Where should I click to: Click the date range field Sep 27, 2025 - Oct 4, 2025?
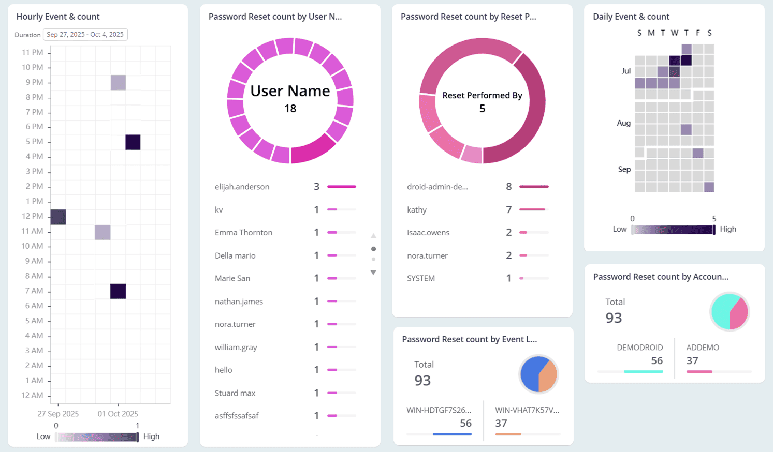(85, 35)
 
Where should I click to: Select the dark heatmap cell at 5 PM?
(133, 142)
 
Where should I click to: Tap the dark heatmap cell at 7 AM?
(118, 291)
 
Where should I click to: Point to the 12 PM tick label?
(32, 216)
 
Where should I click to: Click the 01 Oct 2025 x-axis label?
(118, 414)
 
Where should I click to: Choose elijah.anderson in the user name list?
(242, 187)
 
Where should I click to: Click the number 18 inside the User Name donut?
(290, 109)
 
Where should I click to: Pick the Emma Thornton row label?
(243, 233)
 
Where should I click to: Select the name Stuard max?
(235, 393)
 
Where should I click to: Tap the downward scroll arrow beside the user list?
(373, 273)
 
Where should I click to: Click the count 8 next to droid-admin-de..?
(508, 187)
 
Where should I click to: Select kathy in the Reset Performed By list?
(417, 210)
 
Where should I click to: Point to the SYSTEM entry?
(421, 278)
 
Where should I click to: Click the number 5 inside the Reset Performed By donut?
(482, 109)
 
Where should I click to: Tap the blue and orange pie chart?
(538, 374)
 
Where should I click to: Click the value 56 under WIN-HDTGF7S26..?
(465, 423)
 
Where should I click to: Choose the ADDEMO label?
(703, 348)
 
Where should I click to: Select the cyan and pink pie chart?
(730, 311)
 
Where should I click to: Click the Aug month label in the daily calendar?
(623, 123)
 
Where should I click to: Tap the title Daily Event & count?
(631, 17)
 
